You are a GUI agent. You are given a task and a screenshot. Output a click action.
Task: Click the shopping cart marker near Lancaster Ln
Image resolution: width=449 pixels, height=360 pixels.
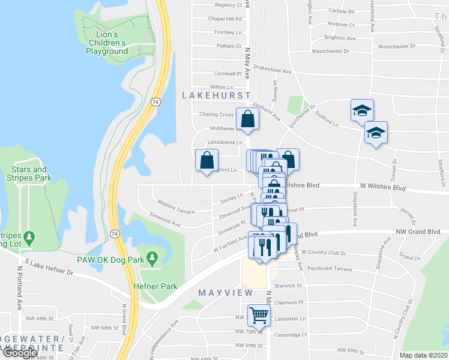tap(259, 313)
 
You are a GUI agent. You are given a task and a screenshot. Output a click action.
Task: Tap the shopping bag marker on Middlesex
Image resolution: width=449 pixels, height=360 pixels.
tap(247, 119)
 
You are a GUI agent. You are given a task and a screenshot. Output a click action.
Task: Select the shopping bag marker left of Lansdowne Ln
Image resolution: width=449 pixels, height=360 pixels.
tap(206, 161)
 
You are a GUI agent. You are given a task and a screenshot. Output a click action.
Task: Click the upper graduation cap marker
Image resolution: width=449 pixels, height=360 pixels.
tap(362, 110)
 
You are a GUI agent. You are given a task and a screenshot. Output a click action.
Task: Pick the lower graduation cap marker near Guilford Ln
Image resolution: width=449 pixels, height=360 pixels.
tap(376, 133)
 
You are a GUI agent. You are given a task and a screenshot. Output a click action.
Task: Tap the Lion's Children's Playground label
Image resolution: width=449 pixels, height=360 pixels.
tap(107, 43)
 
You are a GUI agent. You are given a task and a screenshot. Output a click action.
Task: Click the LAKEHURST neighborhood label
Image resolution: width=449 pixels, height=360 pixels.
tap(215, 95)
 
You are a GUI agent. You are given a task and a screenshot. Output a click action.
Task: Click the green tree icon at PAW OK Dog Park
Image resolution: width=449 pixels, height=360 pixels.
tap(152, 259)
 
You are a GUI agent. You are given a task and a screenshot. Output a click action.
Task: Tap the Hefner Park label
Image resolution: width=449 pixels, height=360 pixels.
tap(155, 286)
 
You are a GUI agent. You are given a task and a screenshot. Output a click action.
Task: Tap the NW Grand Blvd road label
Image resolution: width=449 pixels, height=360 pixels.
tap(418, 232)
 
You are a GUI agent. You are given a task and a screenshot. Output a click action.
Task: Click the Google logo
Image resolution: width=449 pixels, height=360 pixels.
tap(20, 353)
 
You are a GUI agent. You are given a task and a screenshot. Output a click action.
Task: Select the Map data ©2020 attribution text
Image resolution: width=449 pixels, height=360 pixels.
tap(424, 355)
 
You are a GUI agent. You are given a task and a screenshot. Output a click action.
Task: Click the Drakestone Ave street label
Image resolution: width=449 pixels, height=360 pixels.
tap(272, 71)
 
